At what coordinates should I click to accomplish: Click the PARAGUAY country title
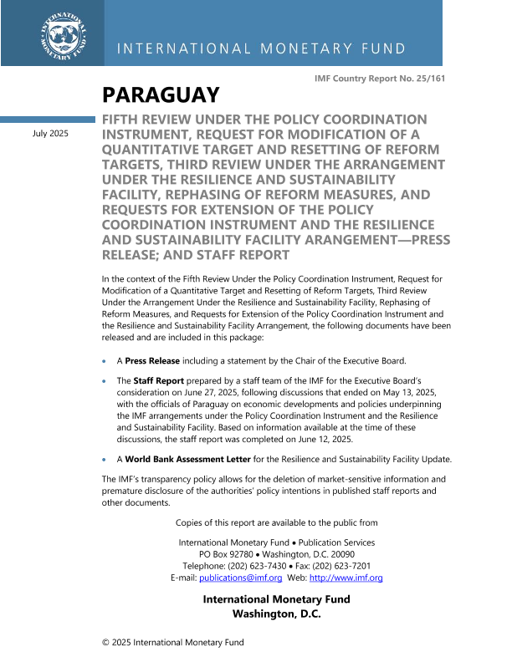click(161, 95)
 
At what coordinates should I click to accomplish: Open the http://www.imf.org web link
click(346, 578)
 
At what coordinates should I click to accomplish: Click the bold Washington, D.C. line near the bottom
click(276, 614)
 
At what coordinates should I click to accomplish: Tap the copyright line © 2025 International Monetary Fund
click(172, 643)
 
